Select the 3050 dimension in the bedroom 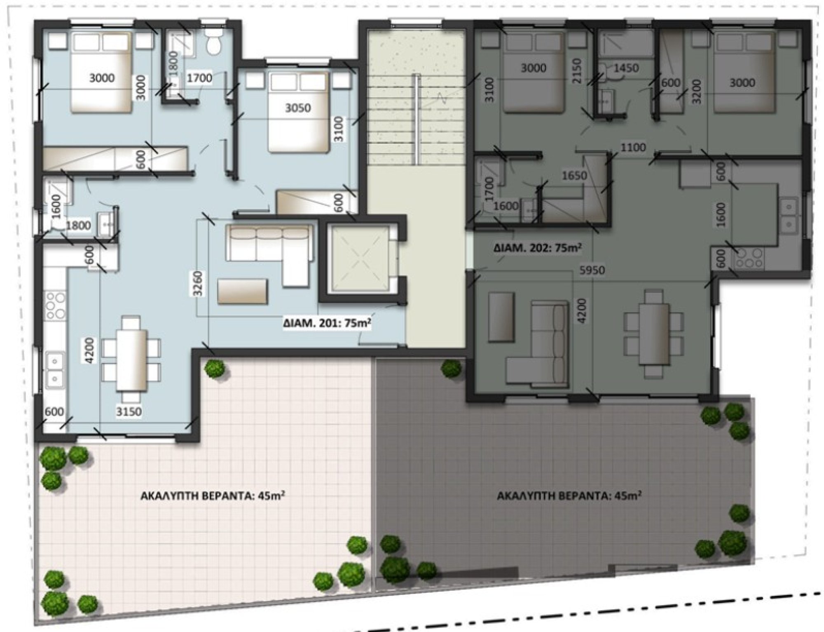[x=298, y=108]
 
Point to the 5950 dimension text [x=592, y=270]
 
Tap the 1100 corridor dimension [x=633, y=147]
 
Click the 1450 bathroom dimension [x=626, y=68]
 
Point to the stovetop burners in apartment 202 [x=750, y=258]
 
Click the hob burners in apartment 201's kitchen [x=55, y=305]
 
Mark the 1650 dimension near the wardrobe [x=574, y=176]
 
